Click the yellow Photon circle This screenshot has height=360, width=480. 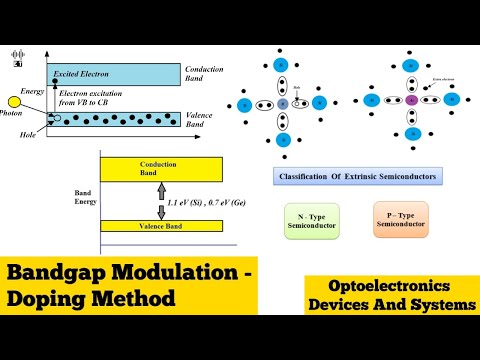(15, 102)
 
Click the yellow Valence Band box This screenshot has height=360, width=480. (160, 227)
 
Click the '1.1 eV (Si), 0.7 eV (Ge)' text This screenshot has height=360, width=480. (205, 202)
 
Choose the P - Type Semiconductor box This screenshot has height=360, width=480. (401, 219)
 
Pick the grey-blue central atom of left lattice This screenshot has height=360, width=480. (283, 103)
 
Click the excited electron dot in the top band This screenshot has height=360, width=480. (49, 74)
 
